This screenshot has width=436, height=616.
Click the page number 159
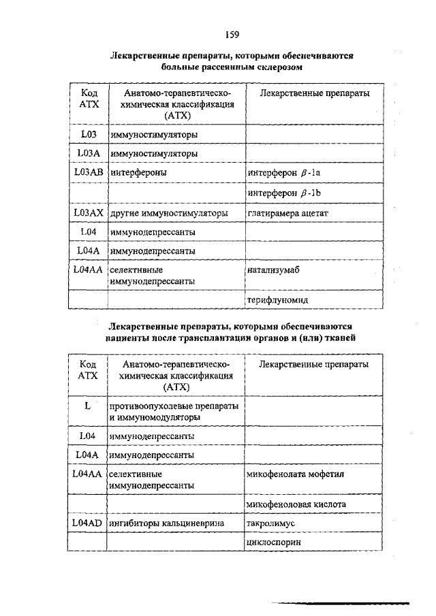232,33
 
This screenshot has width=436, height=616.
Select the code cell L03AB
88,173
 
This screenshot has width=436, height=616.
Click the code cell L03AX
88,213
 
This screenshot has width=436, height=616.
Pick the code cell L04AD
88,523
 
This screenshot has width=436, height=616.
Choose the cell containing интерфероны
140,174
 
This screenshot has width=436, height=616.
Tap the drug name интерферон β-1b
285,193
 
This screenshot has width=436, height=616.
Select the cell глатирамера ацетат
288,213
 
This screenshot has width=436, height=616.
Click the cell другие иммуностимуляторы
169,213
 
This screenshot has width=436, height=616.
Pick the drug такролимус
272,523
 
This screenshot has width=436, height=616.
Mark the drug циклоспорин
274,542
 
